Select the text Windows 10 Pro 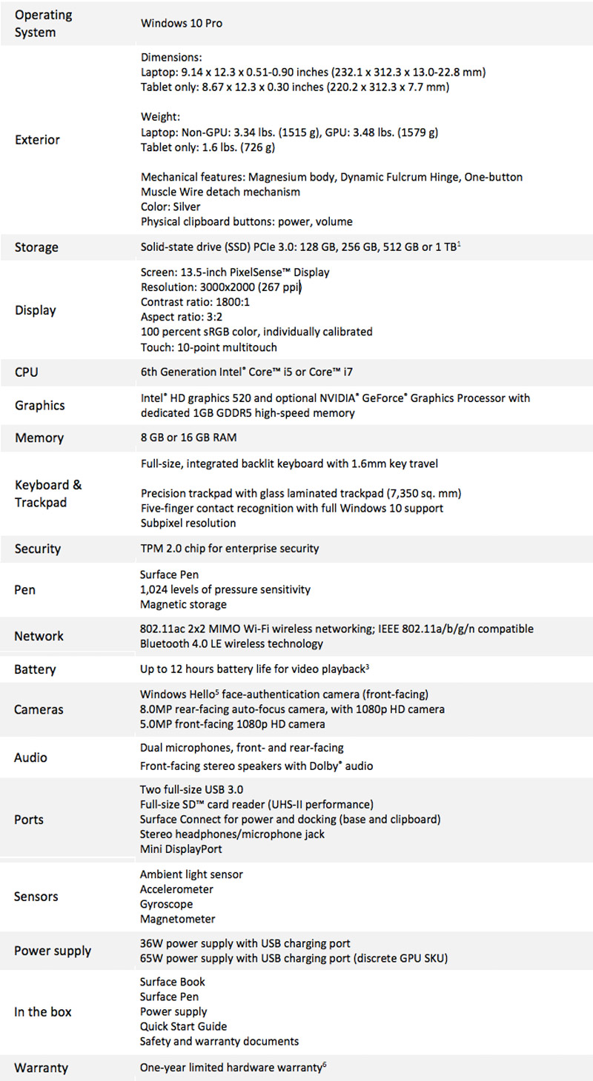[182, 23]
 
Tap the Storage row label [36, 247]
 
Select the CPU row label [27, 372]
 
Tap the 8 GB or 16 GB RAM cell [188, 438]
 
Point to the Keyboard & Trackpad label [48, 493]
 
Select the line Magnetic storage [183, 605]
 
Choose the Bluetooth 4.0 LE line [231, 643]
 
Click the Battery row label [35, 669]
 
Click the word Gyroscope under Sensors [167, 904]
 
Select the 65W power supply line [294, 958]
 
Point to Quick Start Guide [184, 1026]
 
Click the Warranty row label [42, 1068]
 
